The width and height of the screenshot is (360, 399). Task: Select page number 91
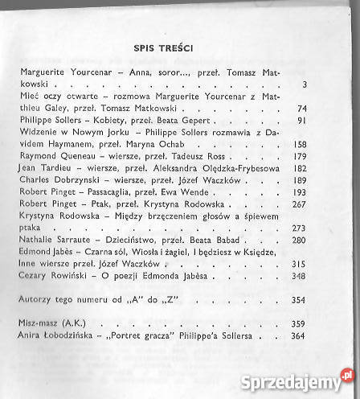(303, 121)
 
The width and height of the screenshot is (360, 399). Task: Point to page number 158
(300, 146)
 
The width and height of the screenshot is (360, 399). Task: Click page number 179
(300, 158)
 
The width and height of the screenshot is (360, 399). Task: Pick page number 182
(300, 170)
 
